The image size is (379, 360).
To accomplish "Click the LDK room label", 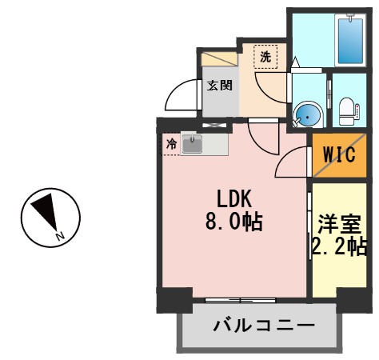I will coord(234,197).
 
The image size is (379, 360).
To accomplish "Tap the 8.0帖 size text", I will coord(234,220).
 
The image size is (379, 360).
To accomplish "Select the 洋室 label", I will coord(340,223).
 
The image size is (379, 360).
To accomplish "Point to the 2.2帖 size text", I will coord(340,246).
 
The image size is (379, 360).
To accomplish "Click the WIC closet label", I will coord(339,155).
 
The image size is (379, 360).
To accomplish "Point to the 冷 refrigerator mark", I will coord(171,145).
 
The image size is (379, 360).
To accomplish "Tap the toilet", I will coord(348,110).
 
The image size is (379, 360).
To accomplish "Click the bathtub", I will coord(352,40).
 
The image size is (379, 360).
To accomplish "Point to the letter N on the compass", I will coord(60,236).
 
